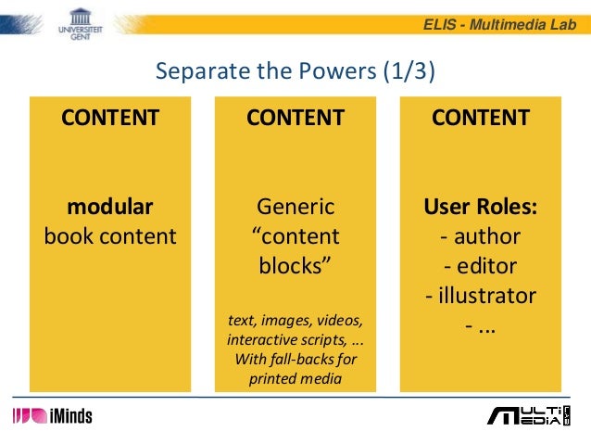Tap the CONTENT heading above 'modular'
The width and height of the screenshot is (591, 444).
coord(110,118)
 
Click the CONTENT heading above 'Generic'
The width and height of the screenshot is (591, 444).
coord(295,118)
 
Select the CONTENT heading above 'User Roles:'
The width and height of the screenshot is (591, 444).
coord(481,118)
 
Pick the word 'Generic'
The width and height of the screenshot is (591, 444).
coord(295,205)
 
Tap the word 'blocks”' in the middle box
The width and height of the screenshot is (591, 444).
coord(295,266)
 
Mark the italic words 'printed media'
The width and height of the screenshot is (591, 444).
coord(295,377)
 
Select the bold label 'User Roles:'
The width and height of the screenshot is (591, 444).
coord(481,205)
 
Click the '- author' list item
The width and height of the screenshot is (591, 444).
coord(481,235)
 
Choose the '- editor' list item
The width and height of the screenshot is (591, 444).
coord(481,266)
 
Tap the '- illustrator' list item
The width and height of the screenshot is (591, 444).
coord(481,297)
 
